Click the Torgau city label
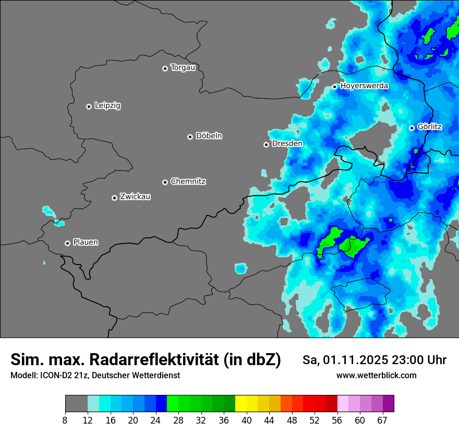(x=183, y=68)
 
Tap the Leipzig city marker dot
(x=89, y=106)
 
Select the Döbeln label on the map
(x=209, y=136)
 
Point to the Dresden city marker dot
(x=266, y=145)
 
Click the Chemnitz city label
(x=188, y=182)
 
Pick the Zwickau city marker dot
(x=114, y=198)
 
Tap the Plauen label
(x=86, y=243)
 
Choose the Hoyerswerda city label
(x=364, y=86)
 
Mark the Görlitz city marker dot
(x=412, y=128)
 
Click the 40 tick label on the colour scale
(x=247, y=420)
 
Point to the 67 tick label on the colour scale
(x=382, y=420)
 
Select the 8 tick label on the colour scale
(x=65, y=420)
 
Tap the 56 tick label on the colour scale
(x=337, y=420)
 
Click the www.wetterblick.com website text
(x=377, y=376)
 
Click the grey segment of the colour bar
(x=76, y=404)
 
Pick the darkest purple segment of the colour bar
(x=388, y=404)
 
